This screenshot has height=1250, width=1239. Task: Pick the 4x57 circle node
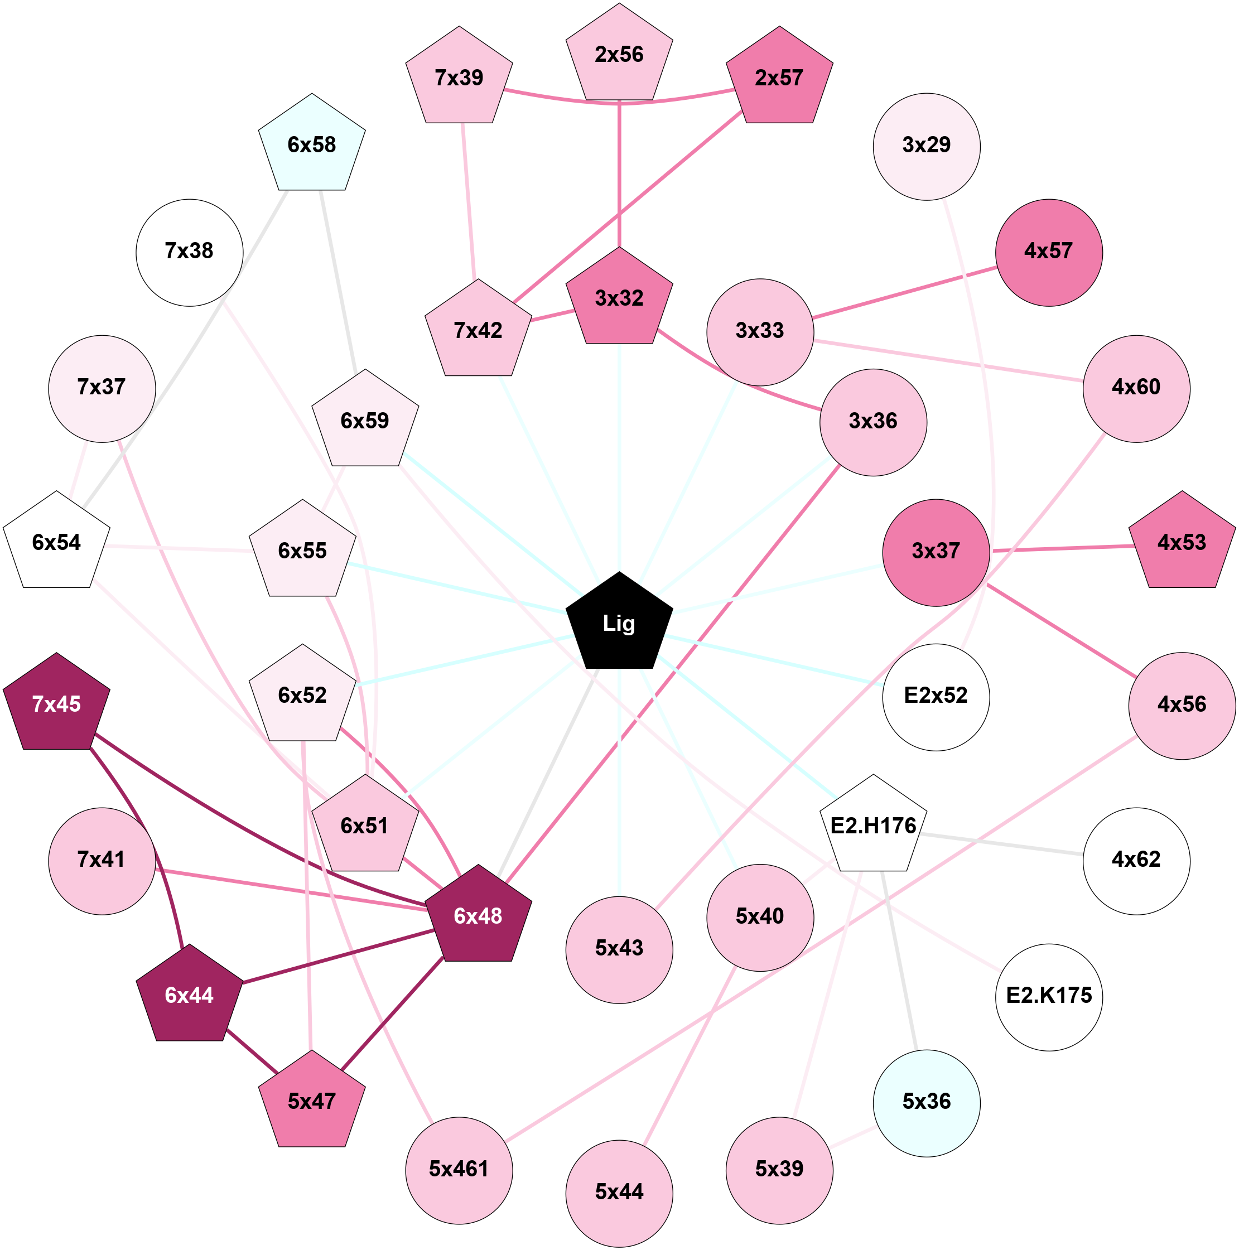pyautogui.click(x=1048, y=252)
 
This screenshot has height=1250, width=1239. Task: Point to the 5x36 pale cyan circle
pyautogui.click(x=926, y=1102)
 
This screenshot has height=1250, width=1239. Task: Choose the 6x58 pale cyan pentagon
pyautogui.click(x=311, y=146)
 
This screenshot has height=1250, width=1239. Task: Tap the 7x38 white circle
pyautogui.click(x=189, y=252)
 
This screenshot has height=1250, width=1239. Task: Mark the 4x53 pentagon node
pyautogui.click(x=1182, y=543)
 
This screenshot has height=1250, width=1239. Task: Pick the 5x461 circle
pyautogui.click(x=459, y=1169)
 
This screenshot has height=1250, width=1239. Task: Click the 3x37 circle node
pyautogui.click(x=936, y=552)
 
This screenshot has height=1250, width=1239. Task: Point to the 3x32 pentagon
pyautogui.click(x=619, y=299)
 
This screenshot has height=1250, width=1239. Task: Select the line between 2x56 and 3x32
pyautogui.click(x=619, y=175)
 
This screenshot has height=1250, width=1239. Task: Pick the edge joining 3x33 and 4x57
pyautogui.click(x=906, y=292)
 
